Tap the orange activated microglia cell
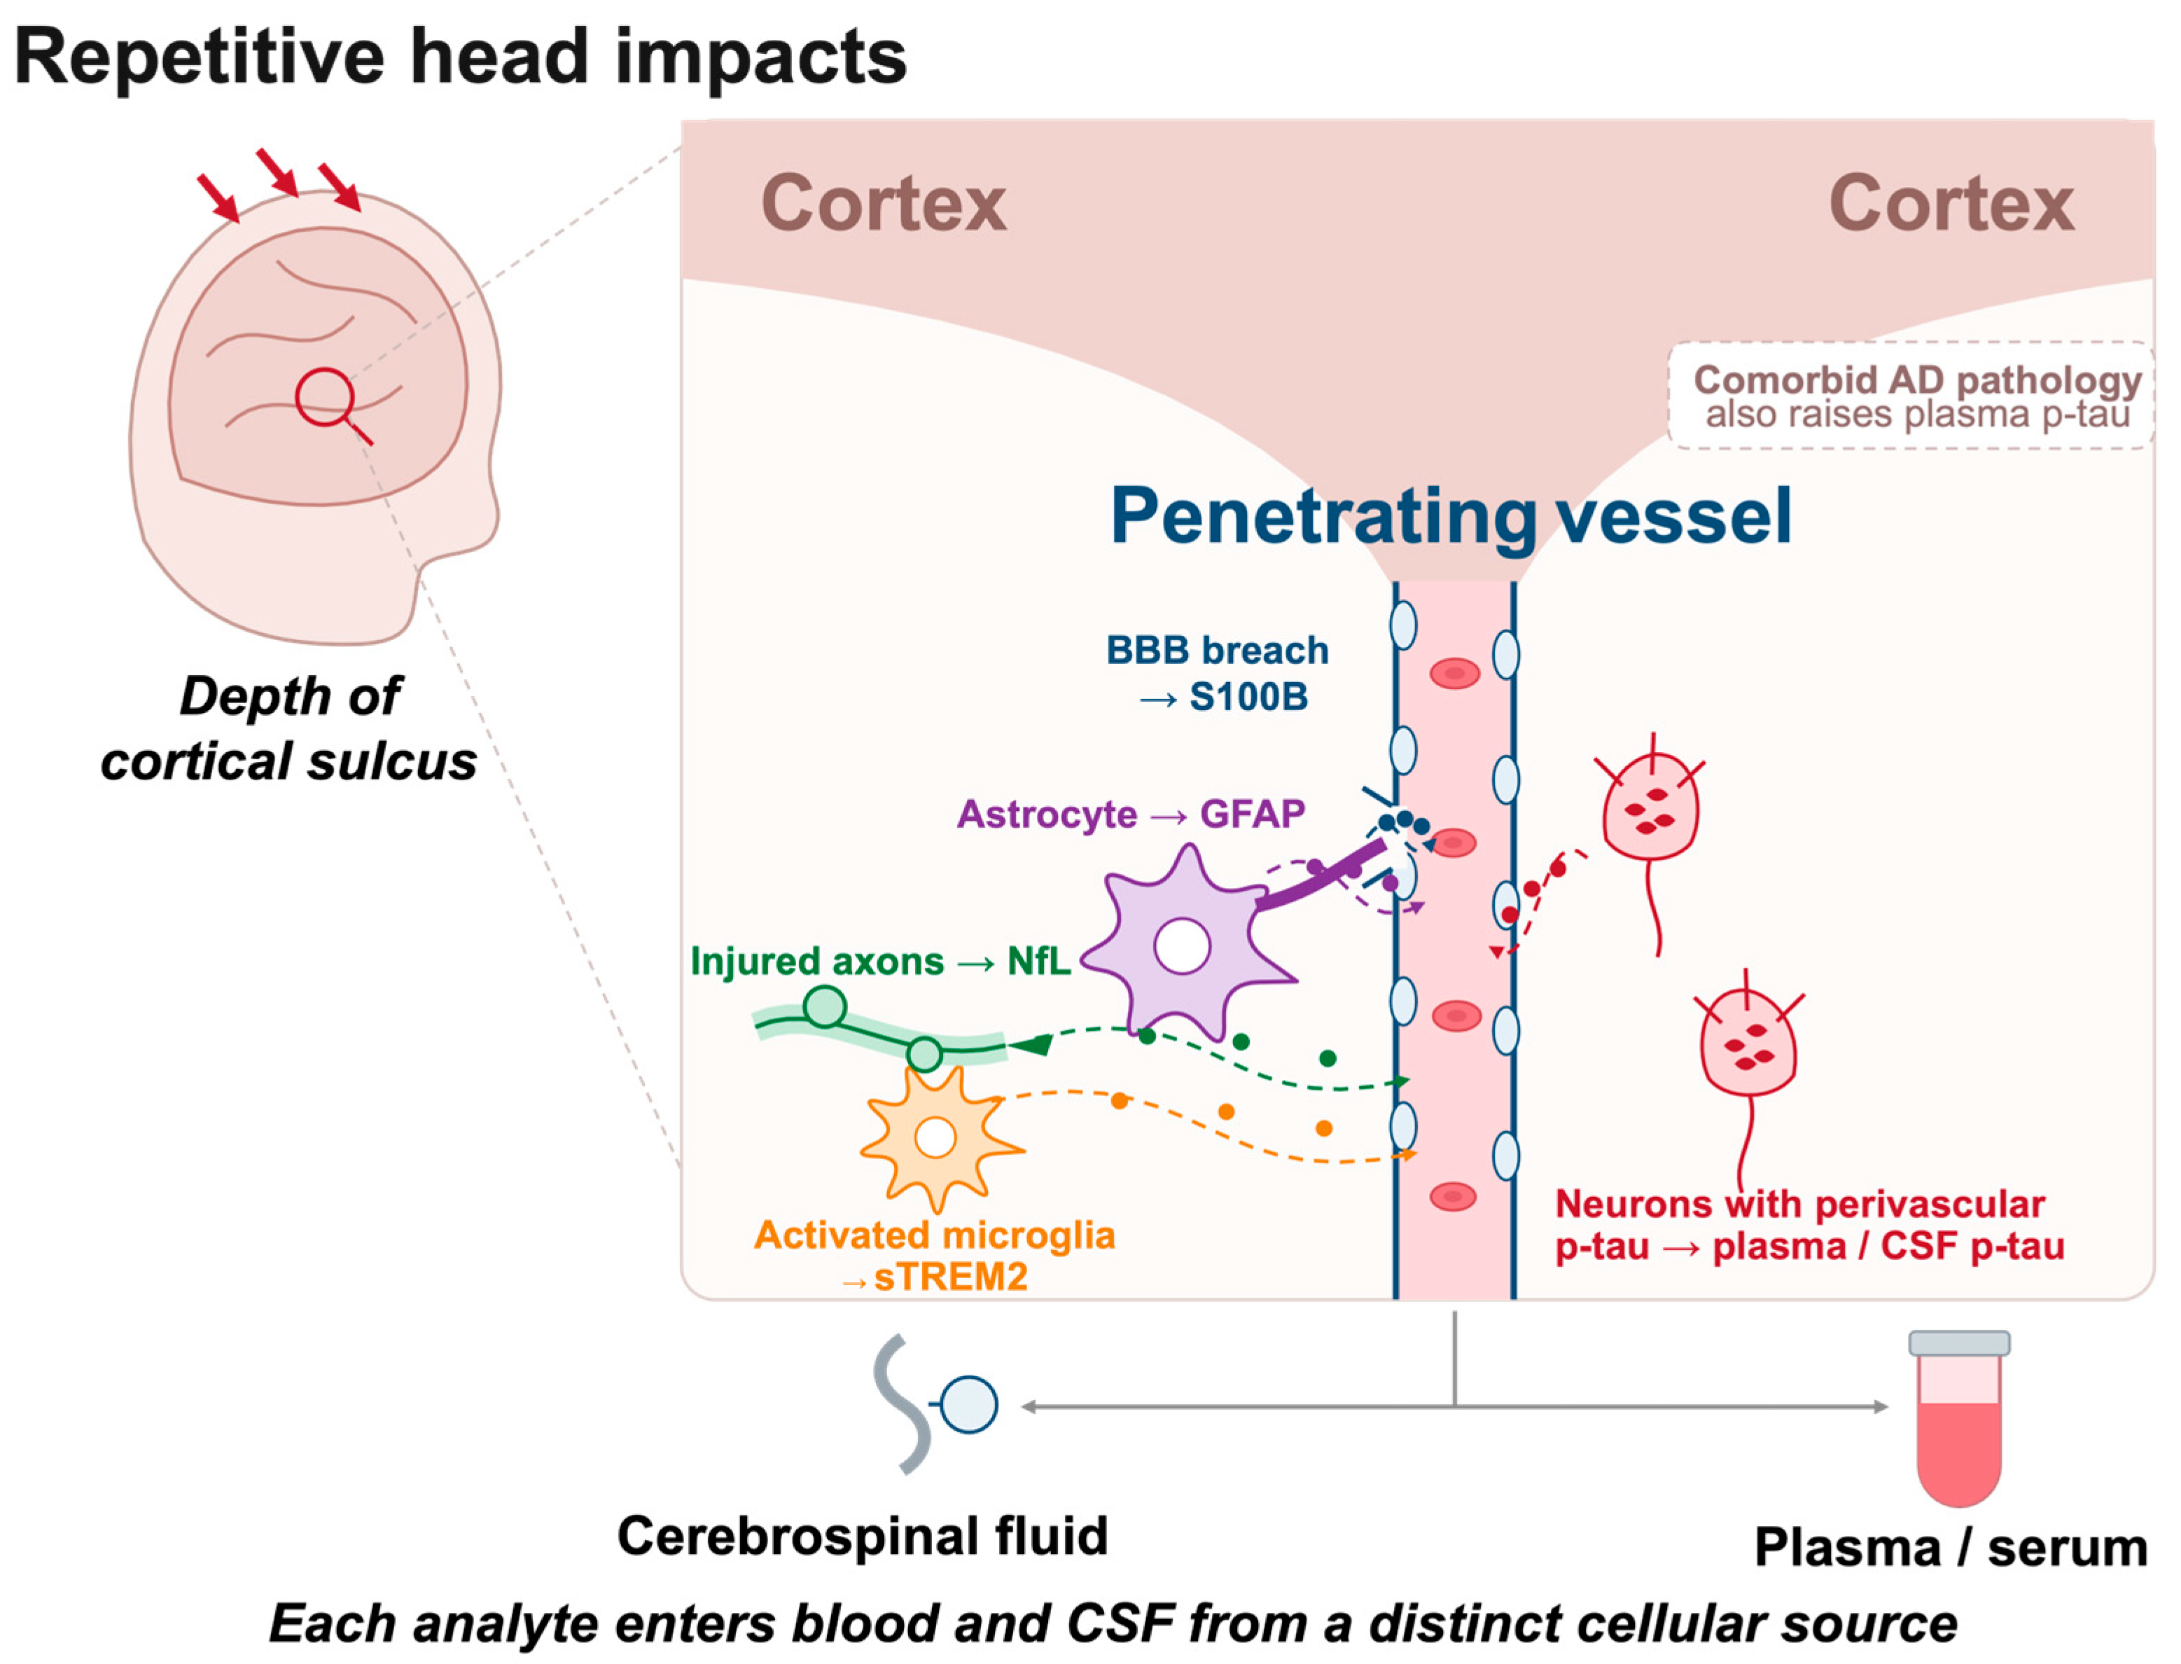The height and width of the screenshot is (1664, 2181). (938, 1137)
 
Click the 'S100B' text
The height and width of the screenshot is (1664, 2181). (1248, 698)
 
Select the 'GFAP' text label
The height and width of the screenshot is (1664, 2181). (1253, 814)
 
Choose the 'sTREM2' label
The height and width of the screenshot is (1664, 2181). (950, 1277)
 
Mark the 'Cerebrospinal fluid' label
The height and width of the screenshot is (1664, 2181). (863, 1537)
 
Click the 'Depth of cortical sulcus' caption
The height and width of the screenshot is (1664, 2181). (289, 728)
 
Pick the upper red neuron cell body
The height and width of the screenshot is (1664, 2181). (1650, 807)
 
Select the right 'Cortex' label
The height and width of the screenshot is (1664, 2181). (1951, 203)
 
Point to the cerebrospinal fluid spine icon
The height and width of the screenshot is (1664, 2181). (933, 1404)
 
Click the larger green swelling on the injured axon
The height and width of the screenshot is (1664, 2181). (825, 1006)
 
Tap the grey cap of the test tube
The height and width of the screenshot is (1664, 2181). (1959, 1343)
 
